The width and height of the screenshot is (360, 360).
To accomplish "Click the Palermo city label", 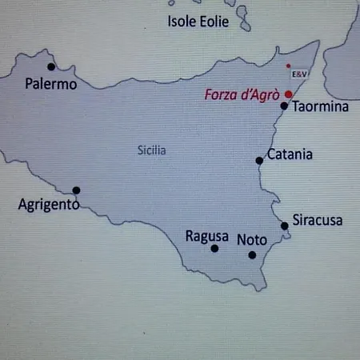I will point(51,83).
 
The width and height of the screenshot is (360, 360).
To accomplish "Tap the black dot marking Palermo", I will point(51,66).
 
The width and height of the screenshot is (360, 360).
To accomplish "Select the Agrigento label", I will point(48,205).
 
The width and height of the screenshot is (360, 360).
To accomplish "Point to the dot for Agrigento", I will point(76,190).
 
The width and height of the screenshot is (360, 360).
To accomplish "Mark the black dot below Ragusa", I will point(214,249).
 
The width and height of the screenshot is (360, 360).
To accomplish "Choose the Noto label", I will point(252,239).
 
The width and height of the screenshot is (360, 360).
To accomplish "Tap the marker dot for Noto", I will point(252,255).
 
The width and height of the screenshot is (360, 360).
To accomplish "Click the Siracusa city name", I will point(318,220).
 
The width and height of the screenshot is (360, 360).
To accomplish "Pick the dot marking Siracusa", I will point(284,226).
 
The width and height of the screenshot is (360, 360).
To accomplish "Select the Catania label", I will point(289,154).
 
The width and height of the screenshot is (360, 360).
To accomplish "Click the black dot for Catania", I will point(259,161).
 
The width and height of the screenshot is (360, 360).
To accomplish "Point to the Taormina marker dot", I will point(284,105).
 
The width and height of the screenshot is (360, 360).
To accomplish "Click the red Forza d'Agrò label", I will point(242,94).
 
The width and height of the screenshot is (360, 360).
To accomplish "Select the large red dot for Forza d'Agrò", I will point(288,94).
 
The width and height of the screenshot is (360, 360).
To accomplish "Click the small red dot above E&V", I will point(288,65).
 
